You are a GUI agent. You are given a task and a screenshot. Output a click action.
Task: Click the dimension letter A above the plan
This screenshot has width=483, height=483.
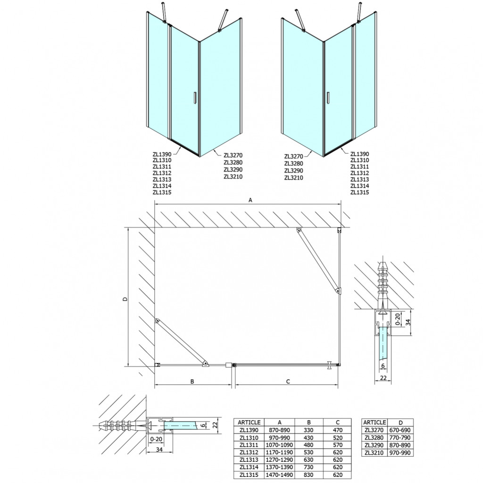250,200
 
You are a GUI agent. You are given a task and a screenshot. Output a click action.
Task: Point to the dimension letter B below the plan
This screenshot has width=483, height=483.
192,381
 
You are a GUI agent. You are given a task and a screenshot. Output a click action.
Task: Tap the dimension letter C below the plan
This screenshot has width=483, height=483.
288,381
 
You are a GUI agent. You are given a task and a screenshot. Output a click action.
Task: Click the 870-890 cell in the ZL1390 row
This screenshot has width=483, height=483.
279,430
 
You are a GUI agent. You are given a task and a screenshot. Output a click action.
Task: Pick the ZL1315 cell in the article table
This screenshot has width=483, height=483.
249,475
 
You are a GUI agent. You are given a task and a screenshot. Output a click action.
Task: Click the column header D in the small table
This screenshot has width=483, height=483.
400,423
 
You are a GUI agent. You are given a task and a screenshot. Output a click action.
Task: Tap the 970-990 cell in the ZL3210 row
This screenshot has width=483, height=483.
400,452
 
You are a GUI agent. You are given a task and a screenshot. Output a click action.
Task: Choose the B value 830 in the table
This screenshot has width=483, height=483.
308,475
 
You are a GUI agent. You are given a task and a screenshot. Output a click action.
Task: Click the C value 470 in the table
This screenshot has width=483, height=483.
338,430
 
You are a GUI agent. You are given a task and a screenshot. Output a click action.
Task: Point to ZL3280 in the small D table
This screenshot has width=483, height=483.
374,437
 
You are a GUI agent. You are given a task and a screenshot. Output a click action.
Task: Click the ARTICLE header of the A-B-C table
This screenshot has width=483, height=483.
249,422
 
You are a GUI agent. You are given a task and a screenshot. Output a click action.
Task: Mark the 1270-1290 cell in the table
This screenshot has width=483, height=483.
279,459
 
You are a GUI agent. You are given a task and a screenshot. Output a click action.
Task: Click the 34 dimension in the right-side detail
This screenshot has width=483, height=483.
408,322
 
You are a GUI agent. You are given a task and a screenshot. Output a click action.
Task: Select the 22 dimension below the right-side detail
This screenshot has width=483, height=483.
383,378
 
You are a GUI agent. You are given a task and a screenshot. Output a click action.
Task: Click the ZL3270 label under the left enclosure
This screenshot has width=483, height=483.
233,155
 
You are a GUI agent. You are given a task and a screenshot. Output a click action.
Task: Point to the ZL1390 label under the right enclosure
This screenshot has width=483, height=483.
359,154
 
